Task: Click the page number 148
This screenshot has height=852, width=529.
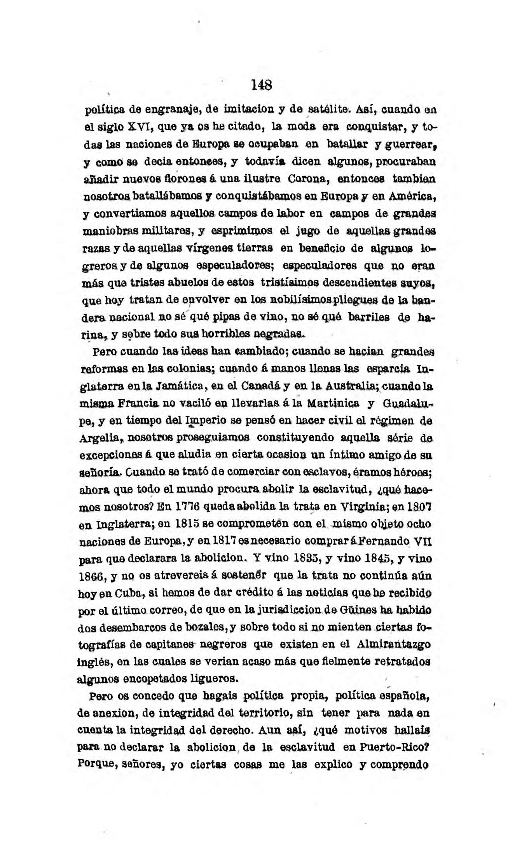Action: click(261, 85)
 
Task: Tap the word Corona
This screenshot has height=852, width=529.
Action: click(309, 180)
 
